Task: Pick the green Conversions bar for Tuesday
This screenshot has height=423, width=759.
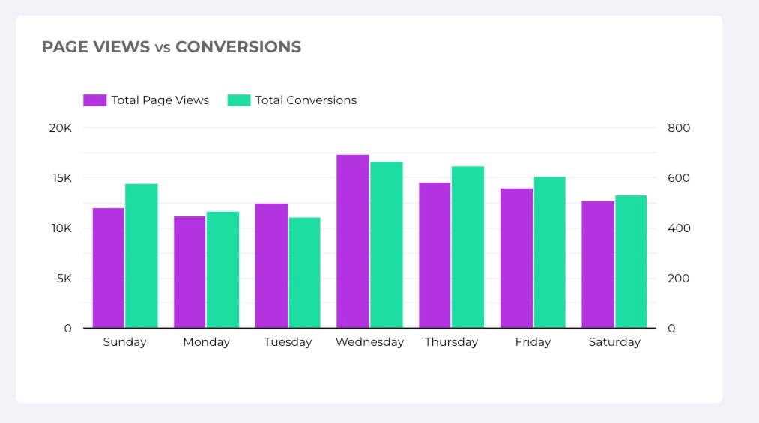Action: click(x=304, y=273)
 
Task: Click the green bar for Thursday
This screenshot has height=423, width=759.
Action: click(x=468, y=247)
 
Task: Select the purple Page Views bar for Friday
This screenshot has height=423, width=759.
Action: click(x=516, y=258)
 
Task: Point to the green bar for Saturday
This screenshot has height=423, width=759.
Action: click(x=631, y=261)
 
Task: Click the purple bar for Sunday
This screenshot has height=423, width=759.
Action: click(x=109, y=268)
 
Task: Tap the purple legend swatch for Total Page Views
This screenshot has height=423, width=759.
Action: click(x=94, y=100)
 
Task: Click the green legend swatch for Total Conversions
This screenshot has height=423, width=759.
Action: click(x=238, y=100)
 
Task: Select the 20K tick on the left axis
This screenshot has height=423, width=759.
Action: click(x=60, y=128)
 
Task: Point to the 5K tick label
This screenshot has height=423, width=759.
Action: click(x=63, y=279)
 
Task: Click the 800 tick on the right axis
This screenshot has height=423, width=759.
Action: click(x=679, y=128)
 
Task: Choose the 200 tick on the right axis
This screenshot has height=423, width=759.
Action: click(x=679, y=279)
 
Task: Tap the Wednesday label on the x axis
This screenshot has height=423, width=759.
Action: click(x=369, y=342)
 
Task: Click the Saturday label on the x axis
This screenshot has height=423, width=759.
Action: click(x=614, y=342)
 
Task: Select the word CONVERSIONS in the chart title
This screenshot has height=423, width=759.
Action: click(x=238, y=47)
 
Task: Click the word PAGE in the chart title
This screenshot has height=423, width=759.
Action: click(x=64, y=47)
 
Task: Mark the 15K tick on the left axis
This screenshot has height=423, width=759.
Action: click(x=61, y=178)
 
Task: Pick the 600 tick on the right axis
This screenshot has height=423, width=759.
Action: click(x=679, y=178)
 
